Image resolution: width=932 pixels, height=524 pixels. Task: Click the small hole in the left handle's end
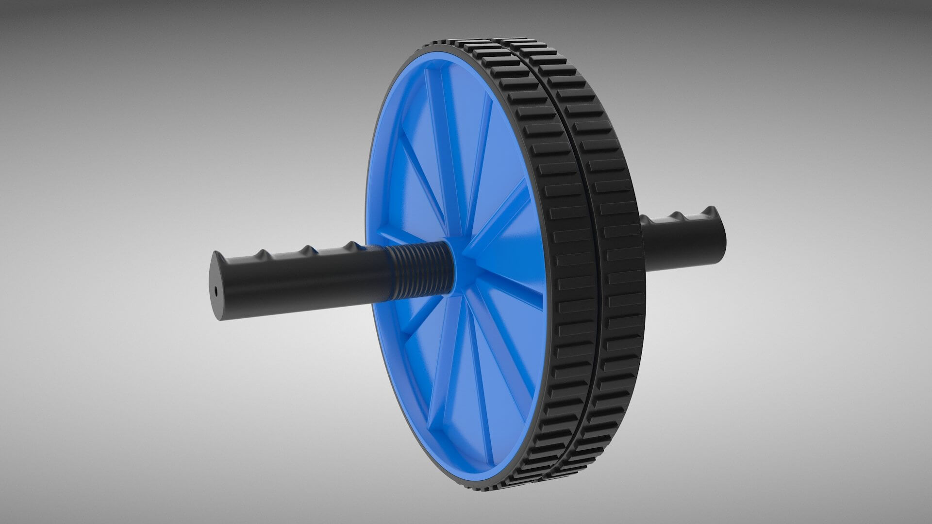point(216,291)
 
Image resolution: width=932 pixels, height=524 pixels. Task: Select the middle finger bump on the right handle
point(689,213)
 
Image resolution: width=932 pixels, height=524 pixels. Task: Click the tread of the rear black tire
point(616,243)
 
